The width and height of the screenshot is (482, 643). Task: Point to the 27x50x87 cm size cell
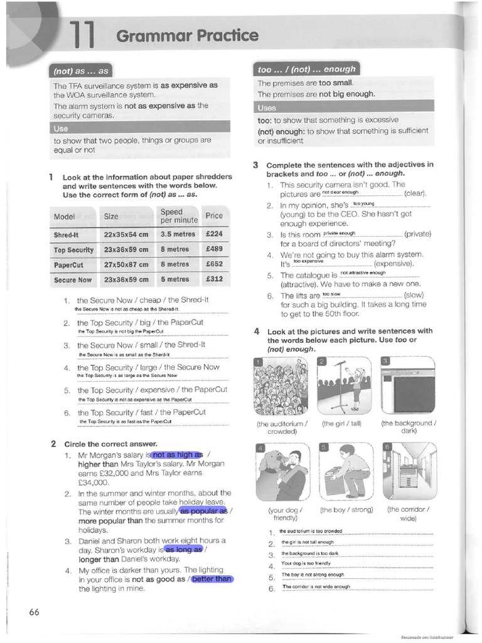126,264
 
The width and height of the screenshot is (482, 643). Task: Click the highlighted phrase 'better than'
212,579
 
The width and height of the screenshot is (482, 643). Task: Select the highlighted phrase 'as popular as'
203,511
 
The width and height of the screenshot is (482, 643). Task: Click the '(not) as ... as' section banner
82,71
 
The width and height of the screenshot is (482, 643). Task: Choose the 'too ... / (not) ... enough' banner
306,69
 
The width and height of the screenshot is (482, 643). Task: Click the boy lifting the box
346,469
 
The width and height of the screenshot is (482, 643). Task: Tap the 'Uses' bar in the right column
268,107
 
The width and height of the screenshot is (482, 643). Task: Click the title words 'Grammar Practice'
186,36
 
